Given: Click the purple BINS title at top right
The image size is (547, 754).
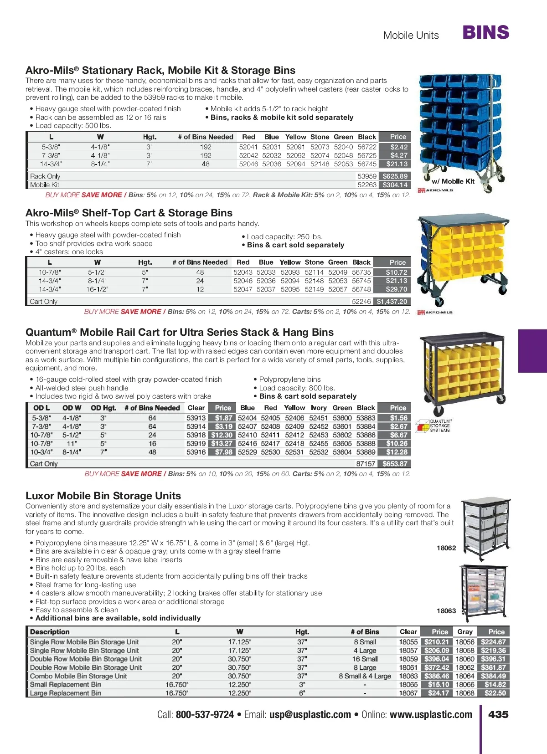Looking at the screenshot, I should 485,33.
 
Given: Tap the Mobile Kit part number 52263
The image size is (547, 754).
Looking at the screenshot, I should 367,185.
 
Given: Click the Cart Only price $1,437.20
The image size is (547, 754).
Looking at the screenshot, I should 392,302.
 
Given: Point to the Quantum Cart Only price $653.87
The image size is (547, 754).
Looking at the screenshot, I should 395,464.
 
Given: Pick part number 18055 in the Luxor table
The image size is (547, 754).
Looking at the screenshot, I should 408,642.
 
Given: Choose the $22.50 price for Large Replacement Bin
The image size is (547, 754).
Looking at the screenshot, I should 495,693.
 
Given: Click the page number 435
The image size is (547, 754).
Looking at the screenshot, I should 498,714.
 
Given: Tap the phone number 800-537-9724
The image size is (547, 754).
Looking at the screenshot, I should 205,715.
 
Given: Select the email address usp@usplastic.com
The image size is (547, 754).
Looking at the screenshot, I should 310,715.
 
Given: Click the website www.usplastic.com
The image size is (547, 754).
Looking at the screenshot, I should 431,715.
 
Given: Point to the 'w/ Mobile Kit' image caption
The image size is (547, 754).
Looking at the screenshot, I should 453,181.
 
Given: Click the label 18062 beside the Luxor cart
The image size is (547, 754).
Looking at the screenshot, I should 446,548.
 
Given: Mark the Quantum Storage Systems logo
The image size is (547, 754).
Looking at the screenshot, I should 433,426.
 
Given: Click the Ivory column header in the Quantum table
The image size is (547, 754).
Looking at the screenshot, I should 319,408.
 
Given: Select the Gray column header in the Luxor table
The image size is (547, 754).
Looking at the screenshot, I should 465,632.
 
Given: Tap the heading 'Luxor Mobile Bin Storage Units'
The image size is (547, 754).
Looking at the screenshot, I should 103,496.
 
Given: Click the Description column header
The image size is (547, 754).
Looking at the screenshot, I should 50,632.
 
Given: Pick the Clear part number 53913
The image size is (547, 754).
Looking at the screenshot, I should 196,418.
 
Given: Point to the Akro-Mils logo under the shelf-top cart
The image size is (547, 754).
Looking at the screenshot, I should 435,313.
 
